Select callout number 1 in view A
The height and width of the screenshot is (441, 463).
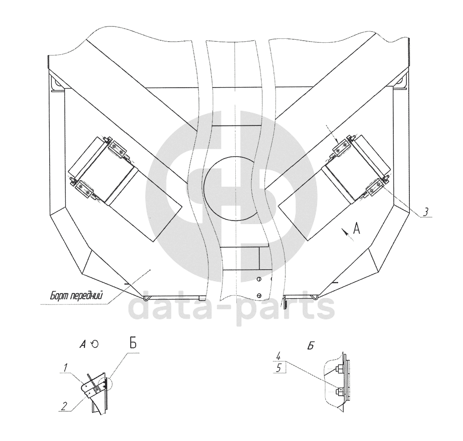point(65,367)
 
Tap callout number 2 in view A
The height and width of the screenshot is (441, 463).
point(63,406)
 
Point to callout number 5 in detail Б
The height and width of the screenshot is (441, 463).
point(278,368)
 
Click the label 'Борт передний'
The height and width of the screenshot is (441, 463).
point(76,295)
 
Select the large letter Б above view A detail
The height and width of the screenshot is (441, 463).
point(133,344)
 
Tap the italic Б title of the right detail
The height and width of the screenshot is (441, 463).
point(310,346)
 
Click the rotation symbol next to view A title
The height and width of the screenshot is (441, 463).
point(94,344)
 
